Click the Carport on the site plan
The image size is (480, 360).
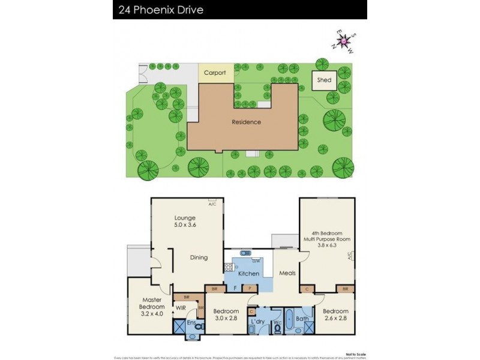(215, 73)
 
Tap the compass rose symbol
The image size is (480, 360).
(344, 42)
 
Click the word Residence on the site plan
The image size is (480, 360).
(246, 122)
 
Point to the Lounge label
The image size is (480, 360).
(185, 218)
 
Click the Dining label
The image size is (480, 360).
(199, 257)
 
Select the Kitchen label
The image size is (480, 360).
(248, 274)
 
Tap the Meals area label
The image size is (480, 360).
(287, 274)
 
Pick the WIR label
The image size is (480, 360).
(180, 308)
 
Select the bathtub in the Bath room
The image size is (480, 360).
(289, 320)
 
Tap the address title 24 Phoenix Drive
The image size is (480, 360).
(164, 10)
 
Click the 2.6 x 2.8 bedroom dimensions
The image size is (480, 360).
(335, 319)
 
